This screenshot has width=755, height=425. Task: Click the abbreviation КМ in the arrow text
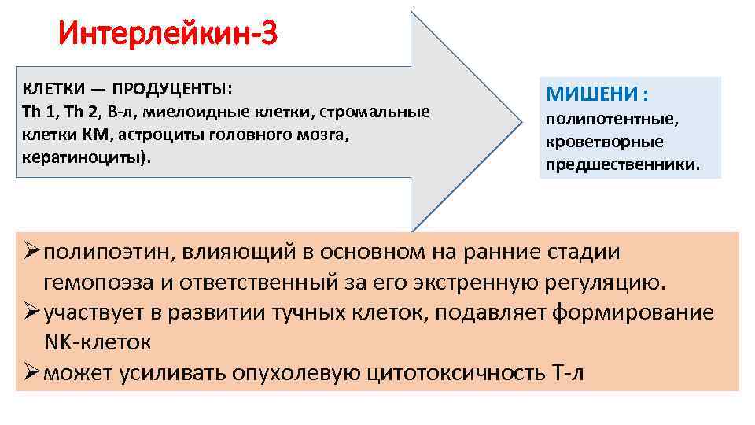coord(100,134)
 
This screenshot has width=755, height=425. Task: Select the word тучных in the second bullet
coord(305,312)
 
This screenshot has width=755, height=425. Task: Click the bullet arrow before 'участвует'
coord(29,312)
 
